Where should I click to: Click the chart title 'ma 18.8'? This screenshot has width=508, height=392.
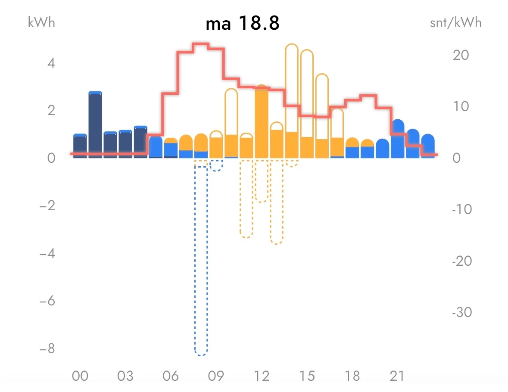pyautogui.click(x=243, y=24)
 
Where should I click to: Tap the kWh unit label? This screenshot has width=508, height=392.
pyautogui.click(x=41, y=22)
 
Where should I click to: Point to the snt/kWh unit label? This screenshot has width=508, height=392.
pyautogui.click(x=455, y=22)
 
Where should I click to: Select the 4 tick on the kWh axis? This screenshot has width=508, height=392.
pyautogui.click(x=50, y=63)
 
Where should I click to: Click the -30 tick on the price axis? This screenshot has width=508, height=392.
pyautogui.click(x=462, y=312)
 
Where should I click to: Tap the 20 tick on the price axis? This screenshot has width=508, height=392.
pyautogui.click(x=461, y=55)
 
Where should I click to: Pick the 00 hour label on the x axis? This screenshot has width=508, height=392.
pyautogui.click(x=80, y=376)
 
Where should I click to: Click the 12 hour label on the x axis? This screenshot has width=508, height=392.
pyautogui.click(x=262, y=376)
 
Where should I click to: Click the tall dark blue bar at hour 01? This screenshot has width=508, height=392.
pyautogui.click(x=95, y=125)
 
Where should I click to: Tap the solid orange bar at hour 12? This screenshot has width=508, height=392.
pyautogui.click(x=262, y=123)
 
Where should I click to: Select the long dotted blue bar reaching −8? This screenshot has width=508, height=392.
pyautogui.click(x=201, y=258)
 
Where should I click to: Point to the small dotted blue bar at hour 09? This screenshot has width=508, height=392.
pyautogui.click(x=216, y=165)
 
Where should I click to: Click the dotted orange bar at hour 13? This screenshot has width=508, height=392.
pyautogui.click(x=277, y=202)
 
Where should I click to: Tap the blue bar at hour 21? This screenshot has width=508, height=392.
pyautogui.click(x=397, y=139)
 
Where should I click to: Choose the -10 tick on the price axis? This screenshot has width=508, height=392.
pyautogui.click(x=462, y=209)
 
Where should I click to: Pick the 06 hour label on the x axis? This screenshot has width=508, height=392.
pyautogui.click(x=171, y=376)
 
